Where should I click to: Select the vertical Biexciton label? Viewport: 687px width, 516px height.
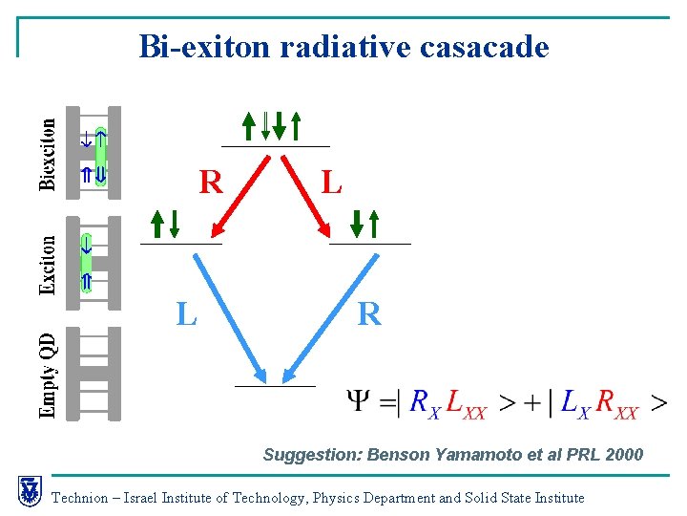pyautogui.click(x=48, y=152)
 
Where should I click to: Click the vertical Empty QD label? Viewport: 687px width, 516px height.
pyautogui.click(x=48, y=373)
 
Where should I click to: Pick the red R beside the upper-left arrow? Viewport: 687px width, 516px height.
pyautogui.click(x=211, y=181)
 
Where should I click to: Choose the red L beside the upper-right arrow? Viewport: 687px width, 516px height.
pyautogui.click(x=331, y=181)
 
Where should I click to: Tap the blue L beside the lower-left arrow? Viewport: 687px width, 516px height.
pyautogui.click(x=186, y=312)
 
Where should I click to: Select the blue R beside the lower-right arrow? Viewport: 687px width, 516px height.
pyautogui.click(x=369, y=312)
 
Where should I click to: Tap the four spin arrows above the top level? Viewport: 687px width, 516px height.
pyautogui.click(x=272, y=125)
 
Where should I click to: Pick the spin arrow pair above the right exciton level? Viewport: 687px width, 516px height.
pyautogui.click(x=364, y=223)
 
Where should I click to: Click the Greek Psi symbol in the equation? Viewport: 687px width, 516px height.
pyautogui.click(x=360, y=402)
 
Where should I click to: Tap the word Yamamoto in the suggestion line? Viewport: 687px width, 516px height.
pyautogui.click(x=478, y=454)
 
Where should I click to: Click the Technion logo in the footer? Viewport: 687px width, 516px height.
pyautogui.click(x=30, y=490)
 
